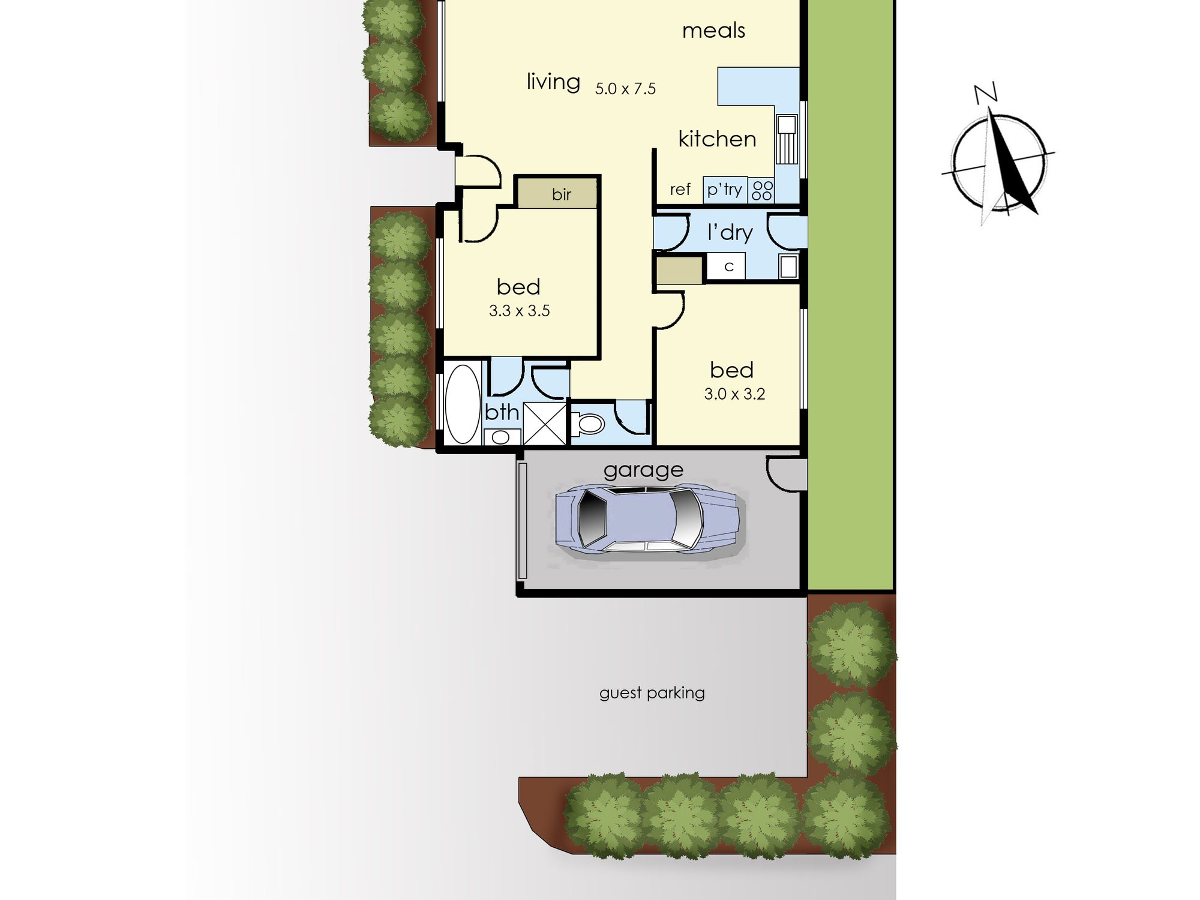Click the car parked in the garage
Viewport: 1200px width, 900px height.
click(647, 520)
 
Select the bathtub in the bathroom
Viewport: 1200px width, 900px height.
click(463, 404)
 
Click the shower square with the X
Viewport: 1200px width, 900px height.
click(545, 424)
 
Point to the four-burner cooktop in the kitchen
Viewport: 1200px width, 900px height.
click(761, 190)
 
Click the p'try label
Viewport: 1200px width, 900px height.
click(724, 190)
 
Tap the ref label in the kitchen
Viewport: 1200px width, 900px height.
click(680, 190)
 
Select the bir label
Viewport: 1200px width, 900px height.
click(562, 194)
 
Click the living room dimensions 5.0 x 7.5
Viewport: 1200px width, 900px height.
click(625, 89)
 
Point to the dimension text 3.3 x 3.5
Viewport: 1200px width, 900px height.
click(519, 311)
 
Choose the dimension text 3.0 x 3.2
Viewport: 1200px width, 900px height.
click(734, 394)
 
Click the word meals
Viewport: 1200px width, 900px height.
click(713, 30)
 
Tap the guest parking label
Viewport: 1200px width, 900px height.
click(652, 693)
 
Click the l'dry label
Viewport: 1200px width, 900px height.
click(730, 232)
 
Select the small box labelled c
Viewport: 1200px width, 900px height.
click(726, 266)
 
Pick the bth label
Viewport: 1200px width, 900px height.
click(502, 412)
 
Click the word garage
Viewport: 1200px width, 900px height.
click(643, 470)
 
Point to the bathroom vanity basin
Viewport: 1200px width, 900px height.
click(501, 437)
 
